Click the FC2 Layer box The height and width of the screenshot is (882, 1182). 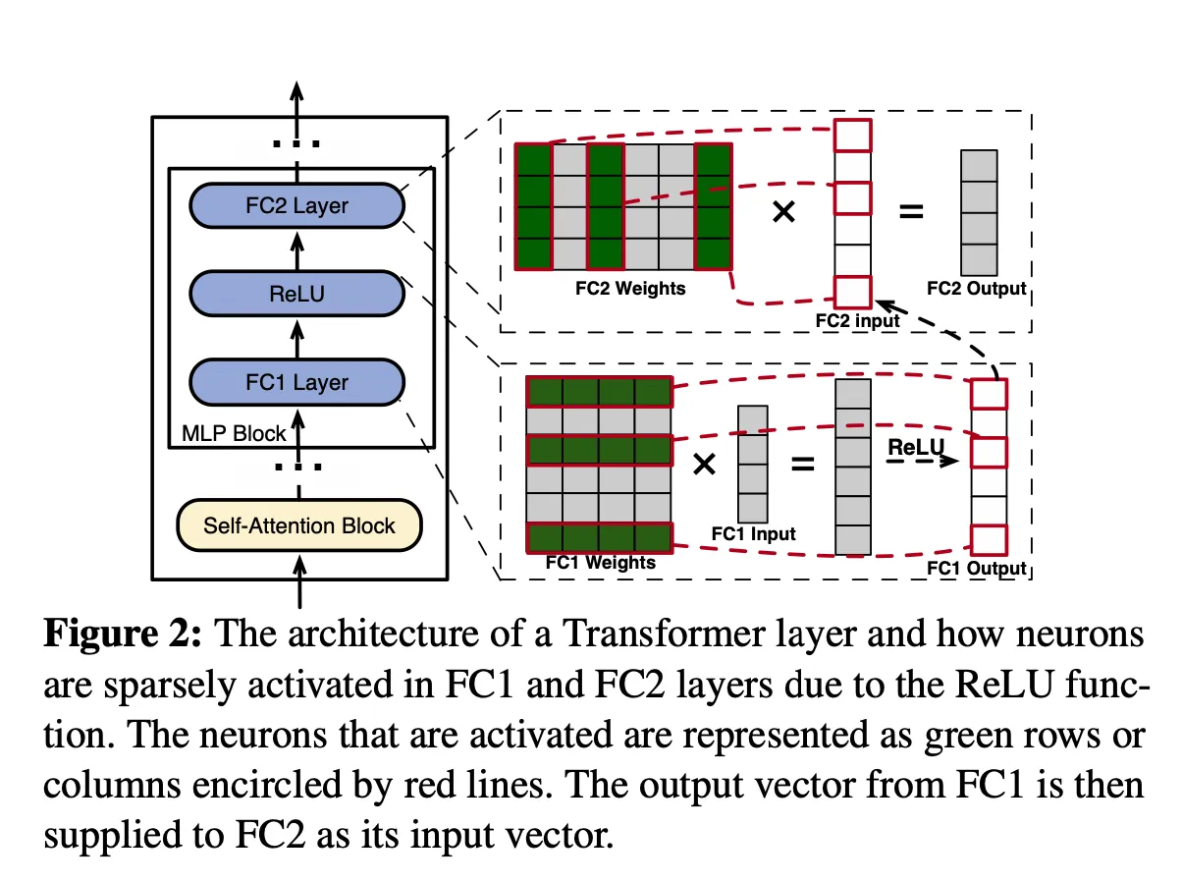[x=296, y=205]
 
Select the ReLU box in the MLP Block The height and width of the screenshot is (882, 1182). [x=296, y=294]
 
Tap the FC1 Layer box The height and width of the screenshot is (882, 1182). [x=296, y=382]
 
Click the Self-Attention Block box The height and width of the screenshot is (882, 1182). [x=298, y=525]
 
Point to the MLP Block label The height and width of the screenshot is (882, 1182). [x=234, y=433]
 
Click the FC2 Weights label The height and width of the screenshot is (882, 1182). [x=630, y=288]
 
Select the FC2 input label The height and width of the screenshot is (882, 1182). [x=857, y=320]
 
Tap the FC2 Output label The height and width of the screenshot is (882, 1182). [x=976, y=288]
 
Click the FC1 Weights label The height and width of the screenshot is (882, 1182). [x=601, y=562]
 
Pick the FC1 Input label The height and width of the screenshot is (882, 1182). [x=753, y=533]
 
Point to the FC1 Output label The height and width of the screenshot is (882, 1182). [x=976, y=568]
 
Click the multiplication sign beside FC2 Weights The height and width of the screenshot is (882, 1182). [x=783, y=211]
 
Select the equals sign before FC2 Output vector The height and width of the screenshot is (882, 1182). [x=911, y=211]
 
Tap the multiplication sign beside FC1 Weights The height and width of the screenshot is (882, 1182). [x=704, y=464]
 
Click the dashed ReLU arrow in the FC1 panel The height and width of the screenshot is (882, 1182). [x=923, y=462]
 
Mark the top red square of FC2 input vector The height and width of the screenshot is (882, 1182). [x=852, y=136]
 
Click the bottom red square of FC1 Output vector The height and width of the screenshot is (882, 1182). [x=989, y=540]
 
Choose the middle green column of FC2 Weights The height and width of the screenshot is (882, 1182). [x=606, y=206]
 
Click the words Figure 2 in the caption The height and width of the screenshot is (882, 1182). [x=123, y=634]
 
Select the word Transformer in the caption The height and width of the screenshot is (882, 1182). [x=664, y=634]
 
